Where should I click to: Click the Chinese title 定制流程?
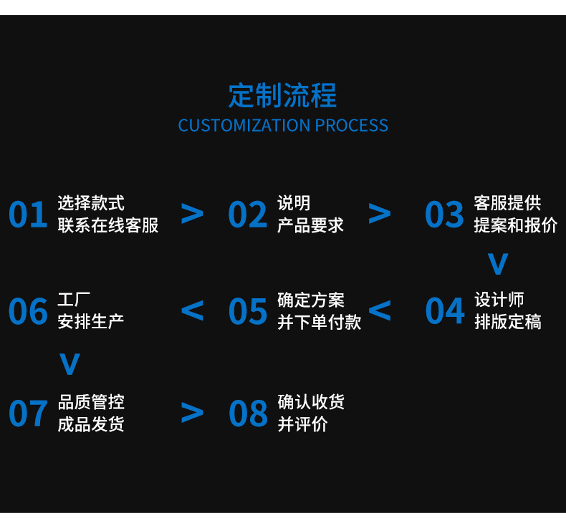point(282,95)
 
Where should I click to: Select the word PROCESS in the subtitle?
point(352,126)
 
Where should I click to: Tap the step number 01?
point(28,215)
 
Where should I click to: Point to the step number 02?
point(248,215)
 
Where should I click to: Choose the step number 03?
point(444,215)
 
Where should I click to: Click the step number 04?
point(444,311)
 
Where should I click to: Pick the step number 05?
point(248,311)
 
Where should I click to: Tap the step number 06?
point(28,311)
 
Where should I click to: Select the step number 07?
point(28,413)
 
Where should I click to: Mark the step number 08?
point(248,413)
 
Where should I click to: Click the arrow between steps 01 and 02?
point(192,213)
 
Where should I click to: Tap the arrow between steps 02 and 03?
point(380,213)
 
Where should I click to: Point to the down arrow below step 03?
point(498,264)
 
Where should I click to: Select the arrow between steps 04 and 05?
point(380,310)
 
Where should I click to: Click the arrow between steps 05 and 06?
point(192,310)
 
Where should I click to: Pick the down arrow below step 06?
point(69,364)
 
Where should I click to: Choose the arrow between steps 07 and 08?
point(192,412)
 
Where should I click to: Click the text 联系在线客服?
point(108,225)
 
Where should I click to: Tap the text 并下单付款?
point(319,322)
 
